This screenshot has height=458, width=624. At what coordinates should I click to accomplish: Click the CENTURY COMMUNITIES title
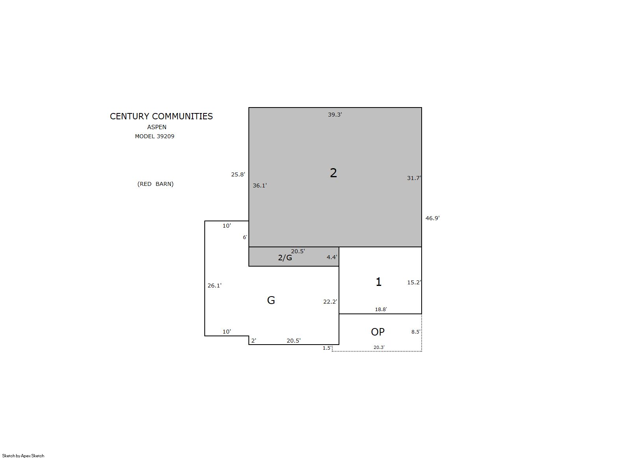click(161, 116)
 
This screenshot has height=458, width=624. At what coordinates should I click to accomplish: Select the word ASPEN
click(157, 127)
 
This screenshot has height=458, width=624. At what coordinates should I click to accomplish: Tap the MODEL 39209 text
click(155, 136)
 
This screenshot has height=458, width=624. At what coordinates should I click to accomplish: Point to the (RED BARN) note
click(156, 184)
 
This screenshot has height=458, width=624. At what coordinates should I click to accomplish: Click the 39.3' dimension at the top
click(335, 115)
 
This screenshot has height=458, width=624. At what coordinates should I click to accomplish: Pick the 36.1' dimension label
click(259, 185)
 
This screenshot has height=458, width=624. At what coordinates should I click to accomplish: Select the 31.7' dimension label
click(414, 178)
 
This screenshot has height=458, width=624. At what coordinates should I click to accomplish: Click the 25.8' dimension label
click(238, 174)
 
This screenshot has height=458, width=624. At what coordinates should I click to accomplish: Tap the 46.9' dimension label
click(433, 218)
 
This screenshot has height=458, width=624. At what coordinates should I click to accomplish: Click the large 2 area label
click(333, 173)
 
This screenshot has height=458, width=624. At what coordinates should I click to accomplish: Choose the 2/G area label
click(285, 258)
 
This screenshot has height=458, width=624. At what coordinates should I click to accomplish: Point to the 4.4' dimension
click(332, 257)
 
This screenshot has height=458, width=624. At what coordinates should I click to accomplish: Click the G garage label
click(271, 300)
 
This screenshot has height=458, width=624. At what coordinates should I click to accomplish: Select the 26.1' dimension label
click(215, 286)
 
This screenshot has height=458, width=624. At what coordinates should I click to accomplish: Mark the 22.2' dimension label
click(330, 302)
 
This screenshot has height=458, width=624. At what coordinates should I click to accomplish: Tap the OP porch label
click(378, 332)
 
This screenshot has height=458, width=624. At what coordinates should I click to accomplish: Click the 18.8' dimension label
click(381, 309)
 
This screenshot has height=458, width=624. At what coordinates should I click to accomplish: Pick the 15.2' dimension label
click(414, 282)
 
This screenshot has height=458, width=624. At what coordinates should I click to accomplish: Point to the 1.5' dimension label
click(327, 348)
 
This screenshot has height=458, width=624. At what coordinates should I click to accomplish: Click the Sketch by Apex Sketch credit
click(23, 456)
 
